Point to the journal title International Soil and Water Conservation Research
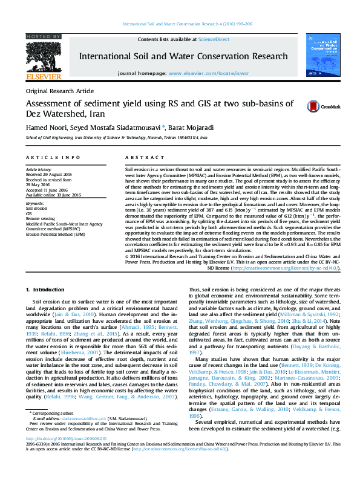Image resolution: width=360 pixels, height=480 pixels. (183, 56)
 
